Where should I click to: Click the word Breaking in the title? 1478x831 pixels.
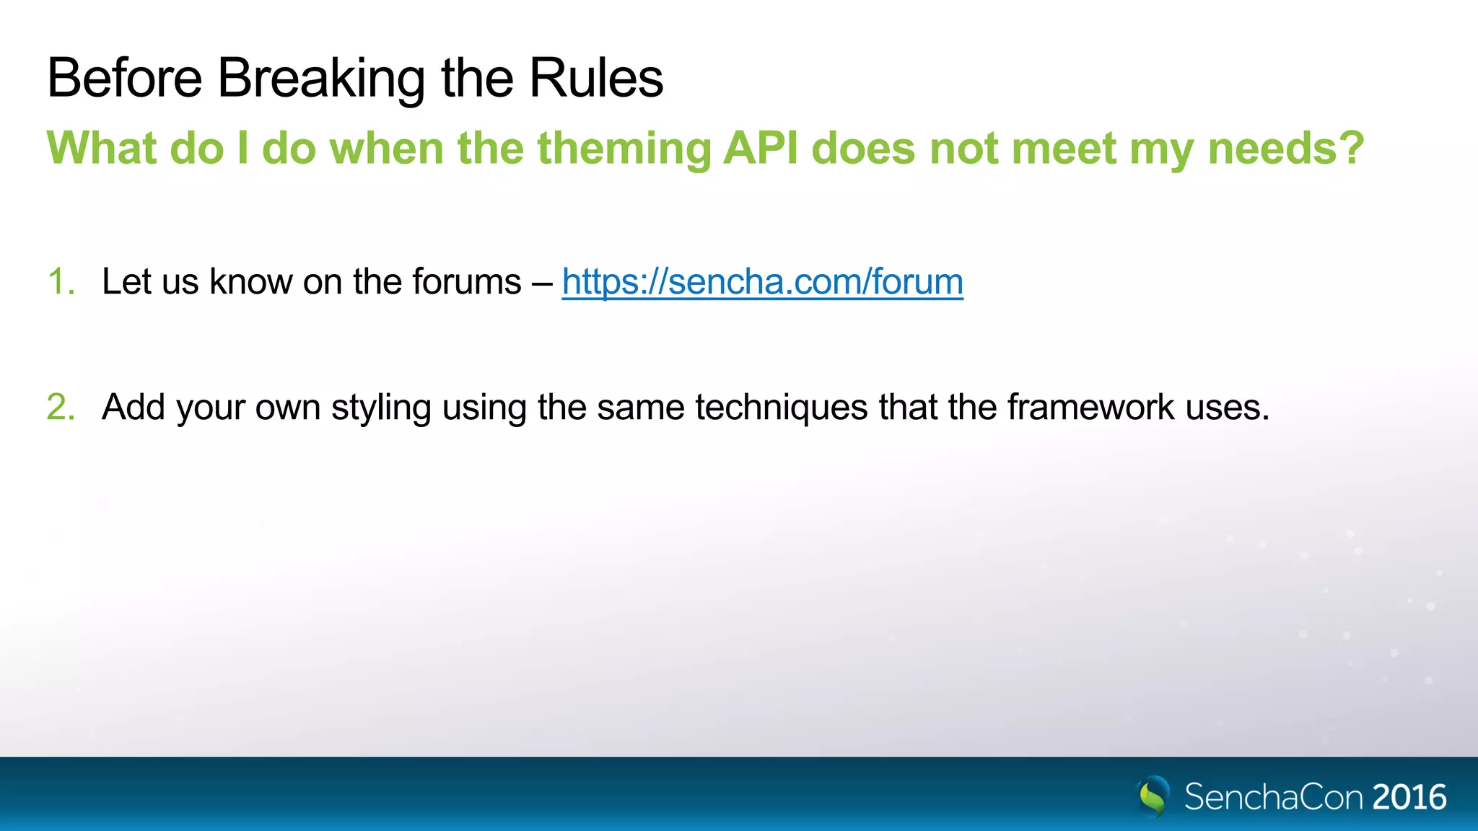[321, 78]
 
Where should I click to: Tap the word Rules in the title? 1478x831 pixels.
[595, 78]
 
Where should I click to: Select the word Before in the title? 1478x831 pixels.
[124, 78]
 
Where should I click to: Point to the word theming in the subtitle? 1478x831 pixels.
[624, 149]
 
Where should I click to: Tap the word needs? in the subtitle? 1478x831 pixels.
[1286, 148]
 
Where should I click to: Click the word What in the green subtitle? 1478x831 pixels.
[102, 148]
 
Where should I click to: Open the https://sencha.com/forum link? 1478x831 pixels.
[762, 281]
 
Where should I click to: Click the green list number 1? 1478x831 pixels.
[61, 281]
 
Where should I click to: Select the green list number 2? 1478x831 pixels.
[61, 407]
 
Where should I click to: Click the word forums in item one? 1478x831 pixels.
[466, 281]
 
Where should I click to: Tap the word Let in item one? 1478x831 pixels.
[126, 281]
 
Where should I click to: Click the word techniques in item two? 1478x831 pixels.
[782, 407]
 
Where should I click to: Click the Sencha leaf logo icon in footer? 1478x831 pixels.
[1153, 796]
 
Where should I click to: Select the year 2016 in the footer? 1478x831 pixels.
[1409, 797]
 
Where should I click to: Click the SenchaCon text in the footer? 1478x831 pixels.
[1274, 797]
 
